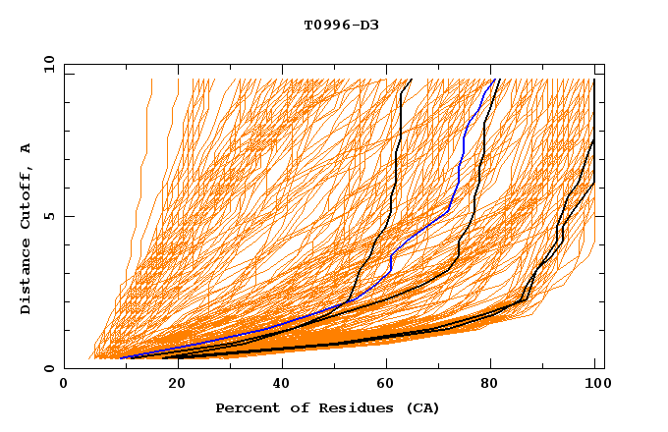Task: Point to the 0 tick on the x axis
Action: click(x=65, y=385)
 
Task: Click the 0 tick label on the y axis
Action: click(x=50, y=369)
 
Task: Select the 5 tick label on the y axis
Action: click(x=50, y=217)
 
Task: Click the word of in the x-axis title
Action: click(x=292, y=407)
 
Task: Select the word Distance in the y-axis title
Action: click(x=27, y=280)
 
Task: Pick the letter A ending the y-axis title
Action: click(x=27, y=148)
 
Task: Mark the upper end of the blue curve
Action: click(x=492, y=80)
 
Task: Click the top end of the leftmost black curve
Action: click(x=412, y=80)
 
